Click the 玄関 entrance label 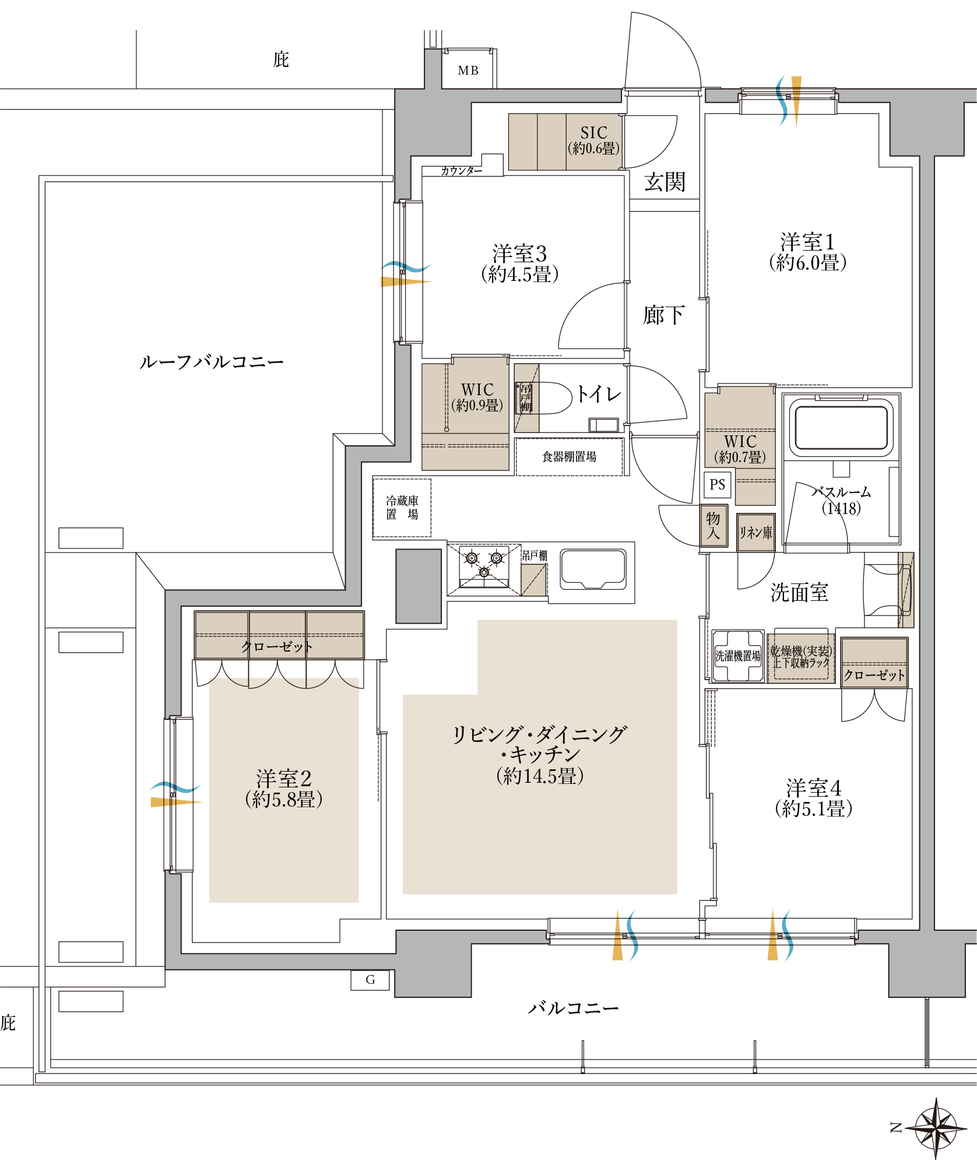point(665,182)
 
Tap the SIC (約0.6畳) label point(593,140)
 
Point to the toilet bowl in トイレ point(551,398)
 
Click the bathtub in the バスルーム point(841,427)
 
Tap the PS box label point(717,485)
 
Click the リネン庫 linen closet point(755,532)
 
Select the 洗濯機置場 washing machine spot point(738,656)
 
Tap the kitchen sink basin point(593,568)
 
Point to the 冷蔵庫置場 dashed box point(402,508)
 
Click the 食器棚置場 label point(569,457)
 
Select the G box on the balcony point(370,980)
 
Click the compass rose point(935,1128)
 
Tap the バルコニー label point(573,1008)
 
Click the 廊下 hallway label point(663,315)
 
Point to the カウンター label point(461,171)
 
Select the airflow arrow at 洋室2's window point(175,796)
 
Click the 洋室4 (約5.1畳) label point(813,798)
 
